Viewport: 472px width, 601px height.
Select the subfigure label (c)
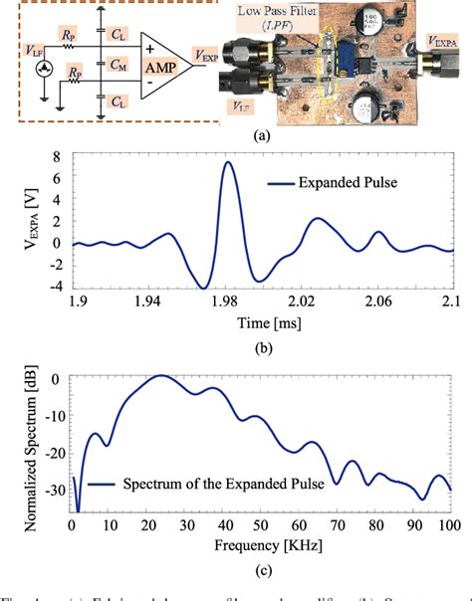(236, 570)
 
